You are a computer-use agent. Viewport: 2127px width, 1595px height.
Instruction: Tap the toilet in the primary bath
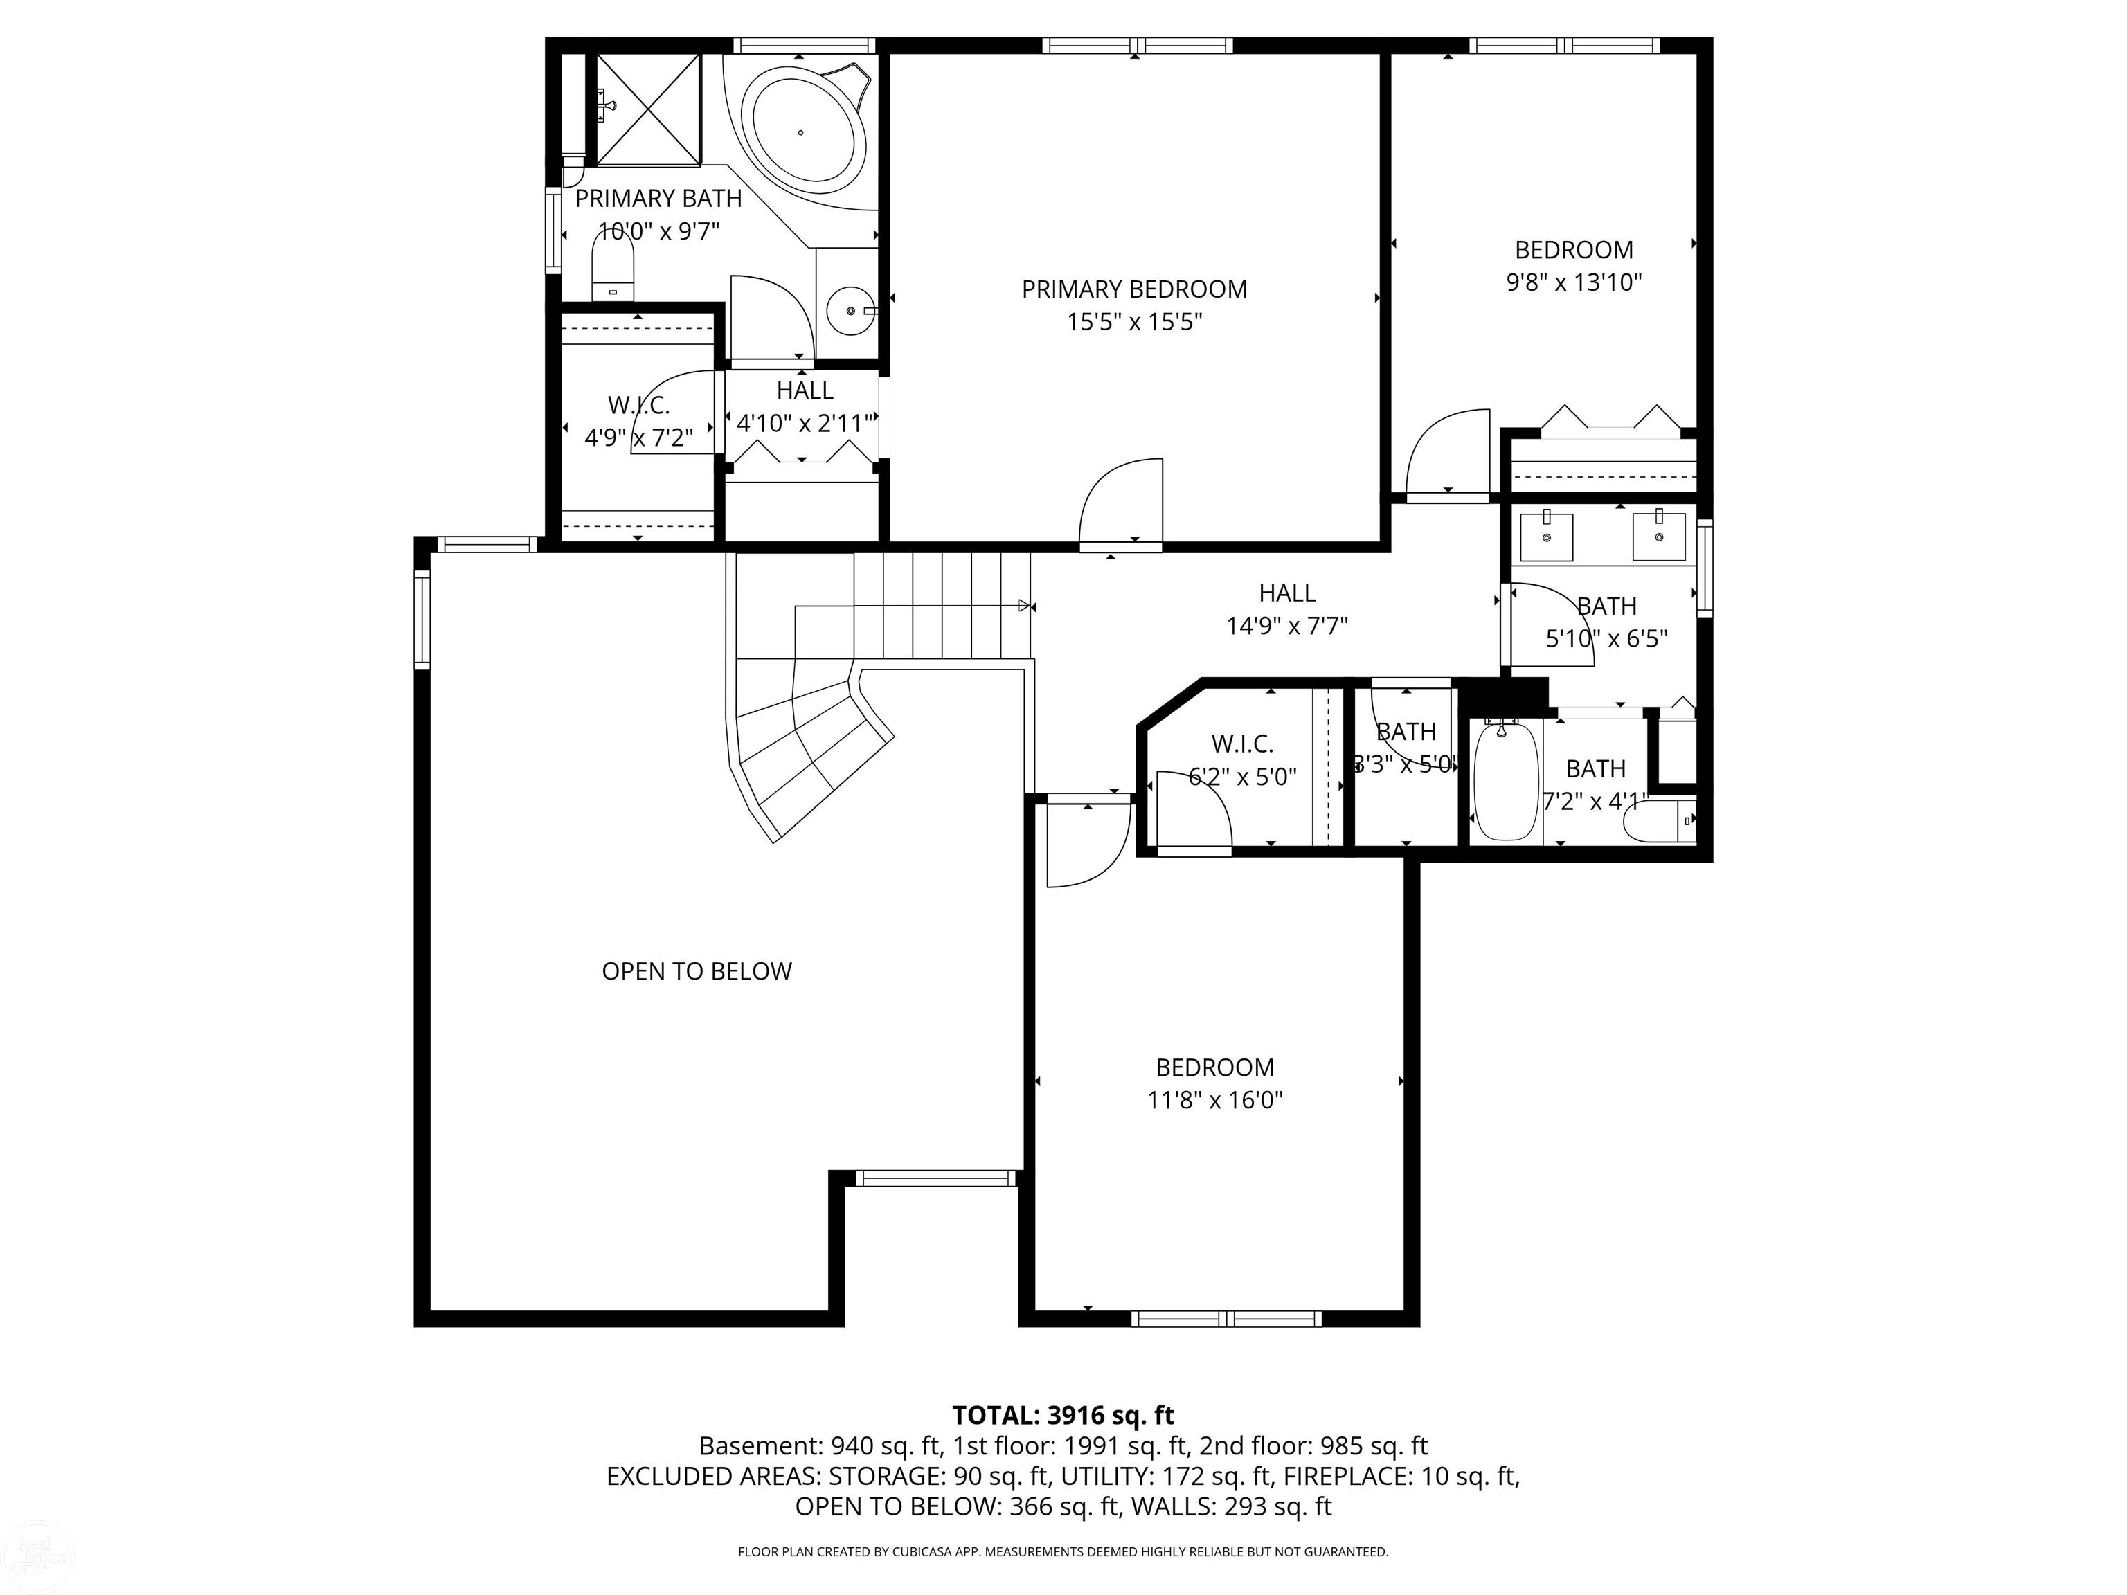tap(613, 267)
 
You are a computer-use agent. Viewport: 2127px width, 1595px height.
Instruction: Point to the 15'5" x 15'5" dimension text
tap(1135, 322)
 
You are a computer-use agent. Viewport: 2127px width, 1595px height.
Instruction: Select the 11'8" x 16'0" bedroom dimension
tap(1215, 1100)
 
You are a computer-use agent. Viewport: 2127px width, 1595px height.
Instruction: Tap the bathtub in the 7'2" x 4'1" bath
tap(1506, 782)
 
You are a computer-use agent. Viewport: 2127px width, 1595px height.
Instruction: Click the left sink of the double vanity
tap(1546, 537)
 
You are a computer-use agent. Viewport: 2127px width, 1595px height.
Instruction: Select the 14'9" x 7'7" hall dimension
tap(1286, 627)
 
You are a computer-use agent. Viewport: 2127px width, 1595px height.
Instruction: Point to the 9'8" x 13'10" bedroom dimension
tap(1574, 282)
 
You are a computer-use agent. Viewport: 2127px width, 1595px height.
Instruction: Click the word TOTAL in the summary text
tap(994, 1415)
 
